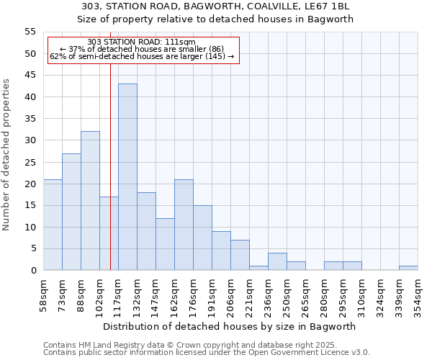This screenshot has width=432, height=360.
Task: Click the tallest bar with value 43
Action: [127, 177]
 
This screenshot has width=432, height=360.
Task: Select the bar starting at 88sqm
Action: [90, 201]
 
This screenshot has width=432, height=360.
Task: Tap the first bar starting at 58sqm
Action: [53, 225]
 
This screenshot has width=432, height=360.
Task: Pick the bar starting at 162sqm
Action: [184, 225]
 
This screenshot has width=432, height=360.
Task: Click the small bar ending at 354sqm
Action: [408, 268]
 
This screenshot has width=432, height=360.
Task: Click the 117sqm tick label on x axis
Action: [119, 294]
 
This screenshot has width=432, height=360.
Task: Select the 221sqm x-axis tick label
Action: [250, 294]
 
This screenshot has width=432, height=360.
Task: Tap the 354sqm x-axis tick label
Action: [418, 294]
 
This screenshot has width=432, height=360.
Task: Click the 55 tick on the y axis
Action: [30, 32]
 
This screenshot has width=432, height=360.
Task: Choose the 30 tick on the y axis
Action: [30, 140]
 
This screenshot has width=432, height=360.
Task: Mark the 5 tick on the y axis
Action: [32, 248]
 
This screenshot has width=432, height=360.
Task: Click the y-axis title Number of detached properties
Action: [7, 154]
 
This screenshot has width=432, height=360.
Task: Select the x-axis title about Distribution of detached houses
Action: [228, 326]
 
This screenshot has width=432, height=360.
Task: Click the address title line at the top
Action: [215, 6]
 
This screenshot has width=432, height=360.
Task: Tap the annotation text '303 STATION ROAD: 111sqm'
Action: [141, 42]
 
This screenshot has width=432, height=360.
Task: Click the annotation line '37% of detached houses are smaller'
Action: [141, 49]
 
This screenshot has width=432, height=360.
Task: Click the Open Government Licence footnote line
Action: [207, 353]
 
